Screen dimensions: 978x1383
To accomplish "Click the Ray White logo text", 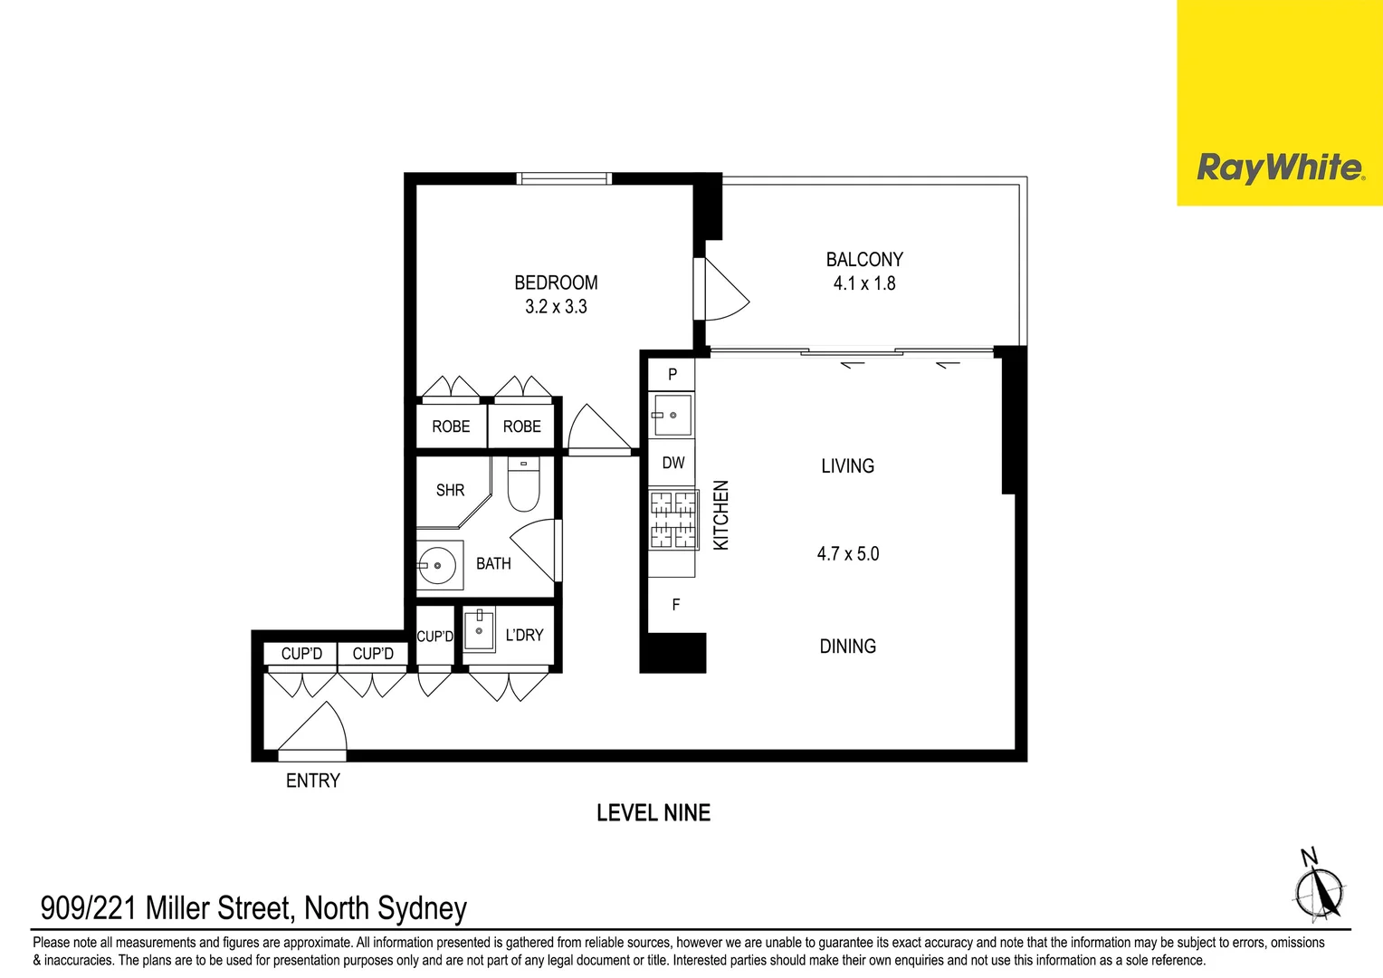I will click(1279, 168).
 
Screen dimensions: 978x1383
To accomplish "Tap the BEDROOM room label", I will click(556, 283).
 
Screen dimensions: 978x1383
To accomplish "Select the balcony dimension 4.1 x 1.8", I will click(864, 283).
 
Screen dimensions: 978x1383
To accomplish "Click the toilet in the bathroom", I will click(523, 486).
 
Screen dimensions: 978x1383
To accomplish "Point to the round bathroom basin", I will click(438, 566).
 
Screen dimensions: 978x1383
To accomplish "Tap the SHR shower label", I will click(450, 490).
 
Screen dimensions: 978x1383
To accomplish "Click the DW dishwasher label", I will click(672, 463).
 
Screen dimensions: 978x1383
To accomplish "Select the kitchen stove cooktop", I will click(672, 519).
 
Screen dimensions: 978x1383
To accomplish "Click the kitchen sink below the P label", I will click(672, 415).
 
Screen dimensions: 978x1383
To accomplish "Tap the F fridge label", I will click(675, 604).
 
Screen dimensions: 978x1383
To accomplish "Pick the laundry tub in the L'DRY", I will click(479, 629).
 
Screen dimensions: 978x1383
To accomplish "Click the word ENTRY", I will click(313, 781).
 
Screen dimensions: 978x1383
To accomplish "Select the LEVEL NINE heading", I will click(653, 813).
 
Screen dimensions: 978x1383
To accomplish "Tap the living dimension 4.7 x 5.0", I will click(848, 553).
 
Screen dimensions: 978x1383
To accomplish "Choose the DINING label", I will click(847, 647).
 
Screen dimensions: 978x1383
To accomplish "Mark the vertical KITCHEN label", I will click(721, 514).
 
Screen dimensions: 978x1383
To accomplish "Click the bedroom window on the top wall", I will click(563, 178).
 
